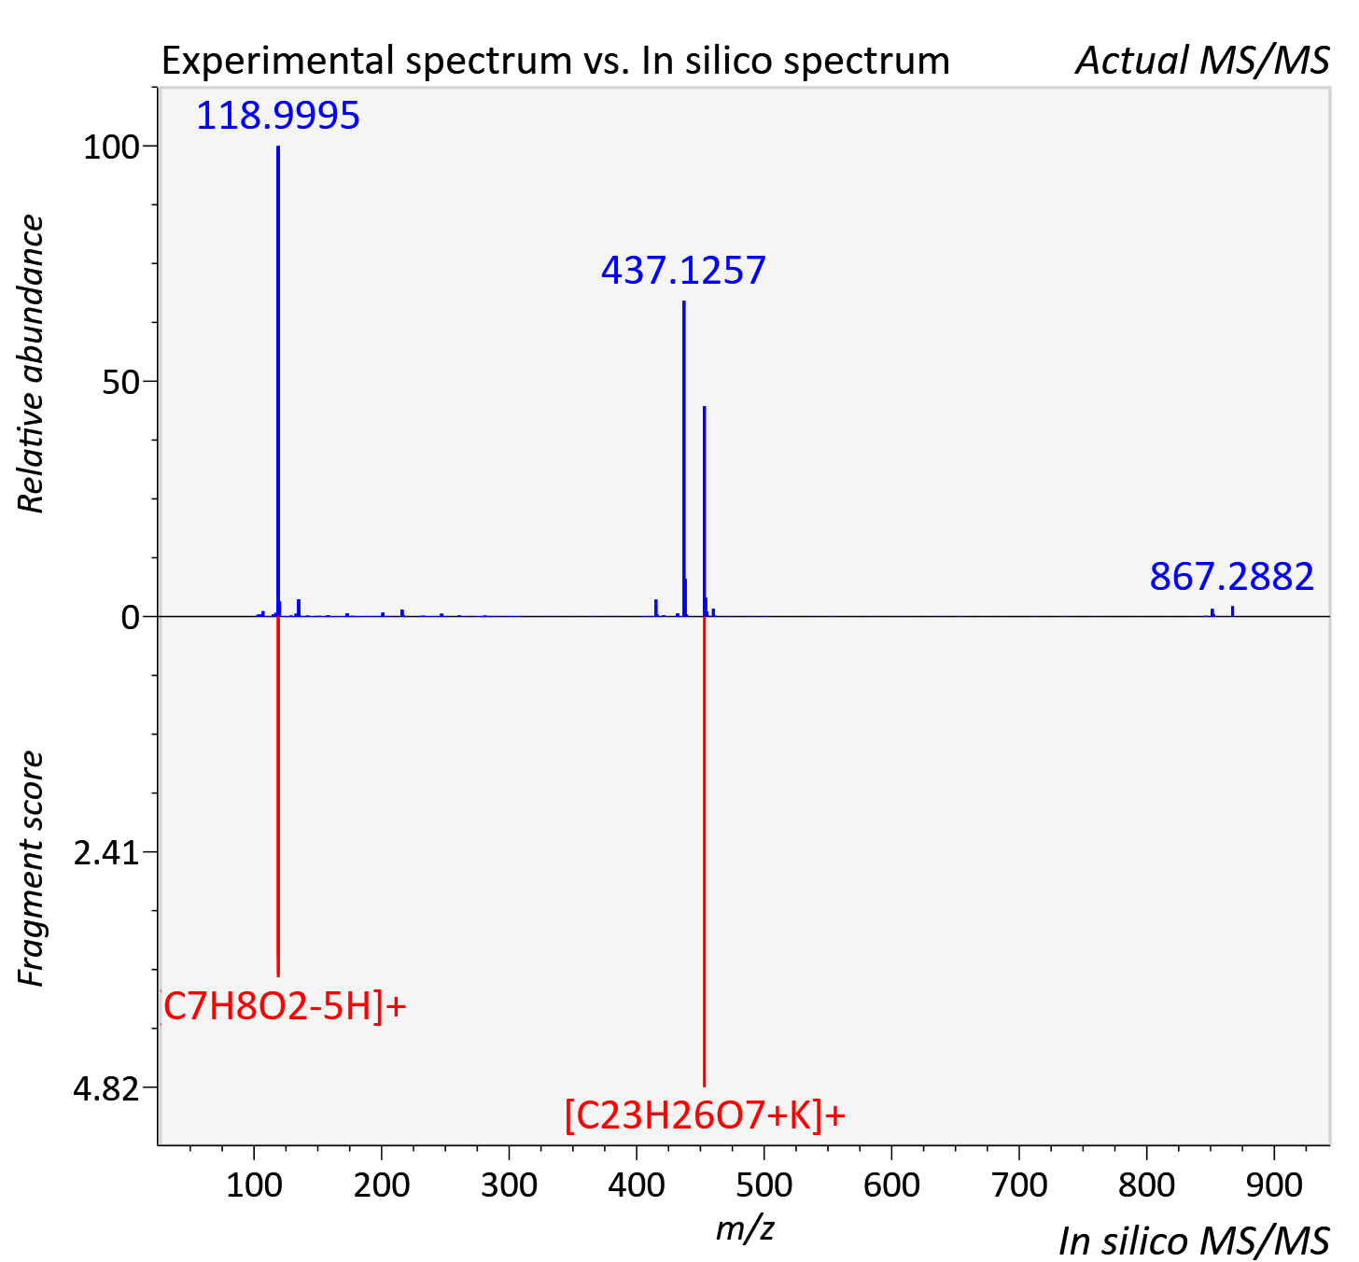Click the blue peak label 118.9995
point(278,115)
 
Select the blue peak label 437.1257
point(683,271)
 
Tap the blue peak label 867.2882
point(1232,576)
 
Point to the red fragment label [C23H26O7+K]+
point(706,1115)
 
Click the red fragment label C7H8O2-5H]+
point(285,1007)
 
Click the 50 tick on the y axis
point(120,383)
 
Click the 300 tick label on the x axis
point(509,1185)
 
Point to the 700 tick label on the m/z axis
point(1019,1185)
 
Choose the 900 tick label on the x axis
point(1274,1185)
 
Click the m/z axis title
point(745,1227)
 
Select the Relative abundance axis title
point(31,364)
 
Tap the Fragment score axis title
point(31,868)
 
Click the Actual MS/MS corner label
point(1202,61)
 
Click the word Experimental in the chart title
point(278,62)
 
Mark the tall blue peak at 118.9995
point(278,381)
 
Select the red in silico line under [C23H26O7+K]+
point(704,851)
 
